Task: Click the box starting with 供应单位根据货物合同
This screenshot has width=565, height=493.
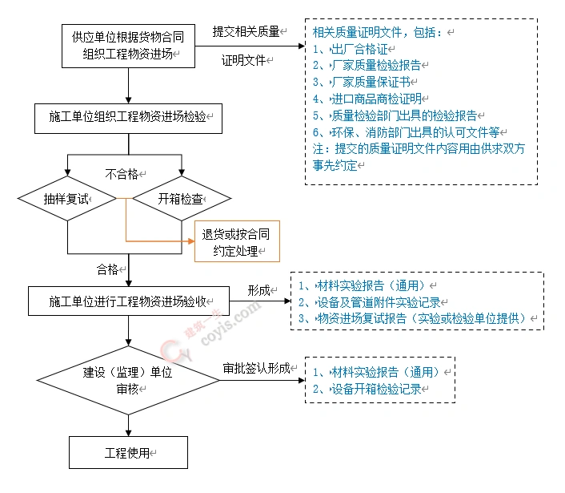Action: point(128,46)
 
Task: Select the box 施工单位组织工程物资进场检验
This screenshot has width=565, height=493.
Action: point(128,117)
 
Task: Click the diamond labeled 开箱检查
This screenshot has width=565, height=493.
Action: point(183,197)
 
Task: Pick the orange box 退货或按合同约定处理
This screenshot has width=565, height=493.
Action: point(237,241)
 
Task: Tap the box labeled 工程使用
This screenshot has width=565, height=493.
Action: point(128,452)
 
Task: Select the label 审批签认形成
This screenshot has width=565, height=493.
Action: point(256,369)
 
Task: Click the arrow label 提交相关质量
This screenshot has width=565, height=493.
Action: point(246,31)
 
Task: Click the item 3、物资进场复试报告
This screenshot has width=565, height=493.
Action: point(416,318)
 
